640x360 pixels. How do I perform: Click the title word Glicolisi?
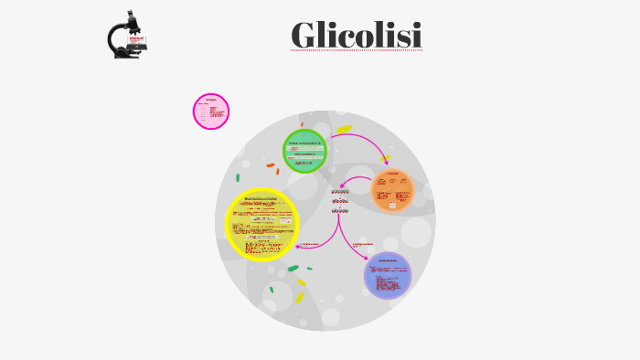click(357, 36)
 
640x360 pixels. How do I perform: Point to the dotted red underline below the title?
click(357, 50)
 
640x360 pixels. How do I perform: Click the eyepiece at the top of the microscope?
click(132, 16)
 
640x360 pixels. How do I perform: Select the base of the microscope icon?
click(127, 55)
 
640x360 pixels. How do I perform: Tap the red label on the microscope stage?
click(137, 41)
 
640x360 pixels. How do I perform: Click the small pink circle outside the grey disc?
click(211, 111)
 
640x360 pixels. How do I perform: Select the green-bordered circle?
click(304, 152)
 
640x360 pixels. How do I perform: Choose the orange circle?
click(393, 190)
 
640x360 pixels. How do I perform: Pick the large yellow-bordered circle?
click(262, 224)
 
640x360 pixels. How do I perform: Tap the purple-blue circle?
click(388, 275)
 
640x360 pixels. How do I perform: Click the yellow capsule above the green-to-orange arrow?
click(344, 130)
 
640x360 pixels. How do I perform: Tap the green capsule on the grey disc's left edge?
click(238, 177)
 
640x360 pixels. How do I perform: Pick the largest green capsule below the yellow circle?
click(293, 269)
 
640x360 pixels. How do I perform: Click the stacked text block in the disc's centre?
click(339, 201)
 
